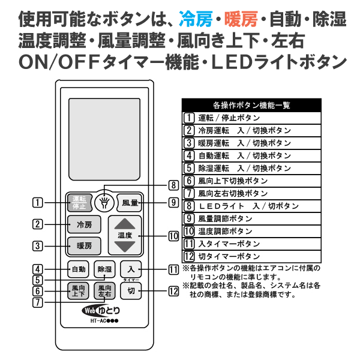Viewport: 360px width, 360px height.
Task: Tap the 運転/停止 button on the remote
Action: click(79, 203)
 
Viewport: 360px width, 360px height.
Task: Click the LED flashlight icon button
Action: click(104, 203)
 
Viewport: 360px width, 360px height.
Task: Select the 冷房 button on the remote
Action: click(84, 224)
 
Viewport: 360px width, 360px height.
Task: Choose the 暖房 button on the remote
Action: click(84, 246)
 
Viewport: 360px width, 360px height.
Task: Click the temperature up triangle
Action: click(125, 224)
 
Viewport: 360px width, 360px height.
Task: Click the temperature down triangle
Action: click(125, 247)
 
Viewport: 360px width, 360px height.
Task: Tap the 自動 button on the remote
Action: click(78, 269)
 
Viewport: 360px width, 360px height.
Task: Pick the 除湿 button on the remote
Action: click(104, 269)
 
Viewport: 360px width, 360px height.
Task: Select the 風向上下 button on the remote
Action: click(78, 291)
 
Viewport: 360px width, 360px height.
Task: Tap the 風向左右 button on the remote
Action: click(104, 291)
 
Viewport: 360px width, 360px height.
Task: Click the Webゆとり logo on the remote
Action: click(101, 311)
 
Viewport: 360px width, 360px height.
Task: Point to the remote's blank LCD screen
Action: click(104, 139)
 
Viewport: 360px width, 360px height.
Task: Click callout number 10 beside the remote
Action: click(173, 236)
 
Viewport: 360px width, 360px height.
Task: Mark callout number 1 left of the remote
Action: click(38, 203)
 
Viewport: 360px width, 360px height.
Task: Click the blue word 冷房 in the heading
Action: click(196, 19)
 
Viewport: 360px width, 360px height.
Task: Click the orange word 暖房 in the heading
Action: click(241, 19)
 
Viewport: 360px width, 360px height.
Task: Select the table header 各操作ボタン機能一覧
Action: click(251, 106)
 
